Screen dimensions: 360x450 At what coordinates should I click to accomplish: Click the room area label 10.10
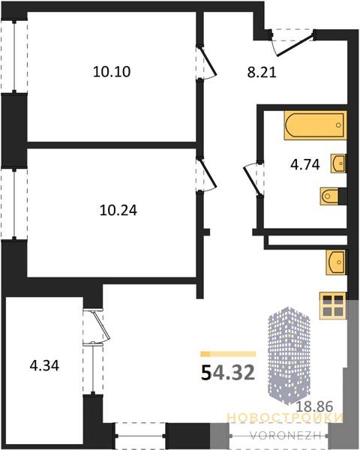click(112, 71)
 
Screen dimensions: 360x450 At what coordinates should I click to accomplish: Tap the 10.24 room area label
click(118, 210)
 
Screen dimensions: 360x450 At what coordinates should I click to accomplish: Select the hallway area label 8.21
click(262, 72)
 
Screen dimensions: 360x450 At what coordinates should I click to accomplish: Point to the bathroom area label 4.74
click(305, 165)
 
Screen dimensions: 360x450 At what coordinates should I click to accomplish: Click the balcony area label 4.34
click(44, 366)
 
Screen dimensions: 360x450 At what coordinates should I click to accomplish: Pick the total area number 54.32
click(228, 373)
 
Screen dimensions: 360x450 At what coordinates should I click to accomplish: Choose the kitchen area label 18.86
click(314, 406)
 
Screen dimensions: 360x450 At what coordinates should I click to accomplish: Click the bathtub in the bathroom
click(315, 125)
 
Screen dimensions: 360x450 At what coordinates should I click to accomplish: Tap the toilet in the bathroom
click(330, 196)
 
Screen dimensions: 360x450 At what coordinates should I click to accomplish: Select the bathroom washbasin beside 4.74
click(338, 163)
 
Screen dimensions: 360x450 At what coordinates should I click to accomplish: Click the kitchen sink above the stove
click(336, 262)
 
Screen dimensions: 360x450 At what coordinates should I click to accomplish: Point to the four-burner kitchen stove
click(333, 306)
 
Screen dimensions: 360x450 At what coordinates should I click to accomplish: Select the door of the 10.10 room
click(208, 62)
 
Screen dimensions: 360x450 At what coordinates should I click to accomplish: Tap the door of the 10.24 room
click(208, 175)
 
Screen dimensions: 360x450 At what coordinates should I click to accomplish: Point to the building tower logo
click(289, 355)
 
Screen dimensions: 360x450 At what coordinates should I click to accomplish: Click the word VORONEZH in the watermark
click(285, 436)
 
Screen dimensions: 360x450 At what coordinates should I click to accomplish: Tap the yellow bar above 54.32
click(228, 354)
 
